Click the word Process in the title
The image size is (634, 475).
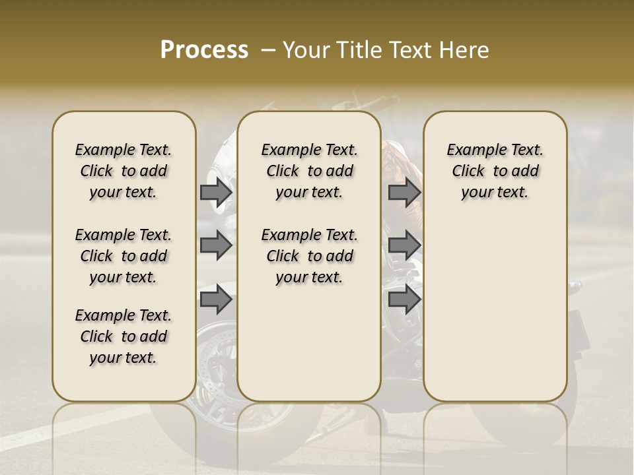204,50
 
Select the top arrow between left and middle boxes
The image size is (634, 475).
216,193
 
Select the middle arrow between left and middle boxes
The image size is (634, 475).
216,246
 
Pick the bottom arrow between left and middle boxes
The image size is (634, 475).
216,300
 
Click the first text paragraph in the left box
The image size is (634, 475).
123,171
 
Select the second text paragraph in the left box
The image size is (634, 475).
123,256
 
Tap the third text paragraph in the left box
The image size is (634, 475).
123,336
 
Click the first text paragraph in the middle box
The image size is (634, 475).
309,171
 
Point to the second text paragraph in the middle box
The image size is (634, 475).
309,256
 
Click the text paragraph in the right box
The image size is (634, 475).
495,171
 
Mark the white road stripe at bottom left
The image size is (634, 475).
40,436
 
